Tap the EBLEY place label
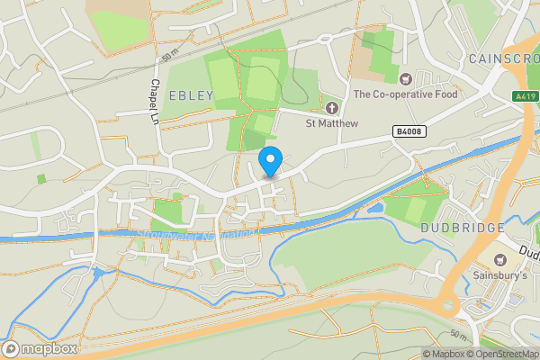pyautogui.click(x=190, y=95)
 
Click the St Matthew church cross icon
pyautogui.click(x=331, y=108)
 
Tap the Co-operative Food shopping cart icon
pyautogui.click(x=405, y=79)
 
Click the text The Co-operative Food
pyautogui.click(x=405, y=94)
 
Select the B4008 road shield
pyautogui.click(x=409, y=131)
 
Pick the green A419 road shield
pyautogui.click(x=526, y=94)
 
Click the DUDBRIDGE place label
pyautogui.click(x=462, y=228)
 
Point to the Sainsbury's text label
pyautogui.click(x=500, y=275)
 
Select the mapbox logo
pyautogui.click(x=40, y=348)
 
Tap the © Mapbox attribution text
pyautogui.click(x=446, y=354)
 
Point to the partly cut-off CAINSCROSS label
pyautogui.click(x=502, y=58)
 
